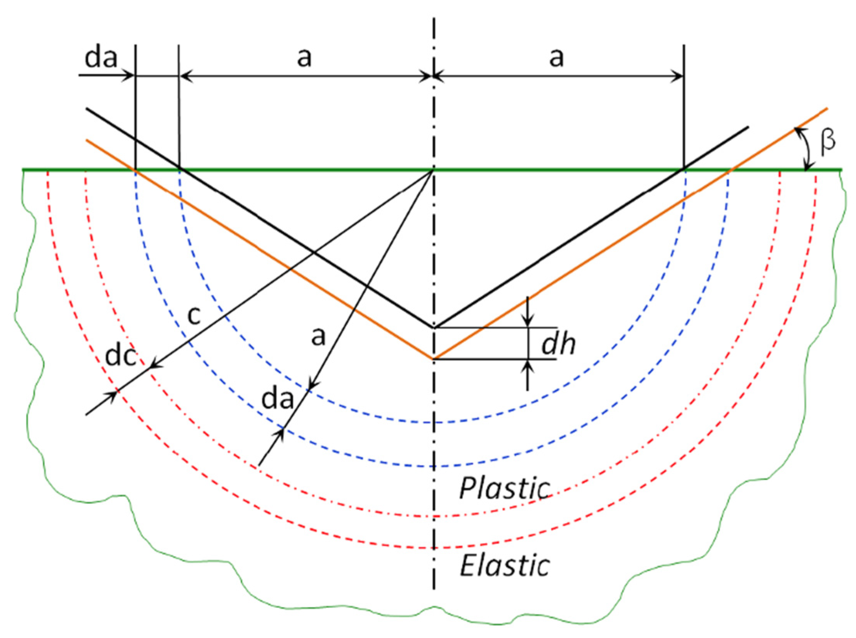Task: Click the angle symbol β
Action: (827, 141)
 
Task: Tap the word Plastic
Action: (505, 488)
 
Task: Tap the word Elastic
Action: (505, 566)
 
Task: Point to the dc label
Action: (121, 356)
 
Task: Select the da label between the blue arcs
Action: (277, 400)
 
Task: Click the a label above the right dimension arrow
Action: (556, 58)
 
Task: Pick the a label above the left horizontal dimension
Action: (304, 58)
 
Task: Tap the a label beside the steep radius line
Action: (319, 336)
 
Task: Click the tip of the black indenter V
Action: (434, 327)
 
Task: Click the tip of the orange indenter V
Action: (434, 359)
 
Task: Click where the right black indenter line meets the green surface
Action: (684, 169)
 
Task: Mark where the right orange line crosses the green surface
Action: (732, 169)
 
